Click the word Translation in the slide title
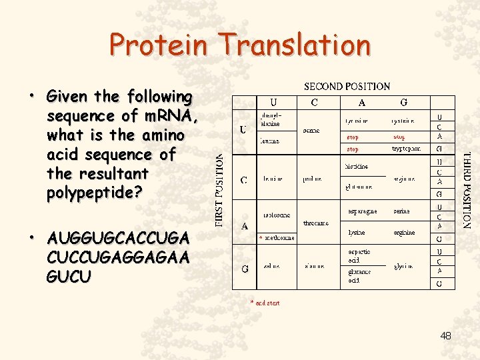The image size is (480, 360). [297, 45]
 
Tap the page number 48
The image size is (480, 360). [445, 336]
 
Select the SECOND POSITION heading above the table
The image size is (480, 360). [347, 86]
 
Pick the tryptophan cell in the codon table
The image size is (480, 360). [406, 149]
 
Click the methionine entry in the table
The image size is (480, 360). [280, 237]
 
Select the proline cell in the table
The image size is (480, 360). [311, 179]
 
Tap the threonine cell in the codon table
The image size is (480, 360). [315, 223]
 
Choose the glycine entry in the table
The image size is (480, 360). [403, 266]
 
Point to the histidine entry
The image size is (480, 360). [357, 167]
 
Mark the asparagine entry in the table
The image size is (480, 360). [362, 211]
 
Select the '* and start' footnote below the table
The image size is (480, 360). [265, 303]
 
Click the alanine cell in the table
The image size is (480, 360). [314, 266]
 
